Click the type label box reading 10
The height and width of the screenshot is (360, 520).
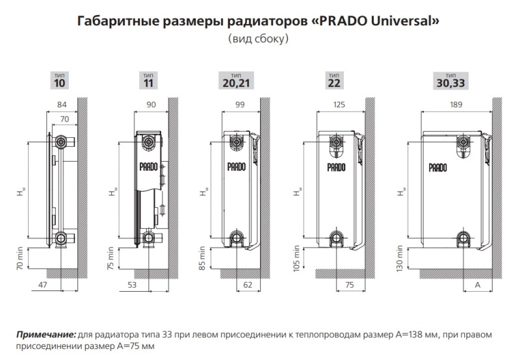(x=60, y=80)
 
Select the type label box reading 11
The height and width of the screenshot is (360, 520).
(x=148, y=80)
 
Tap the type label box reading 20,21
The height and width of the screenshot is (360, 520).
(x=236, y=80)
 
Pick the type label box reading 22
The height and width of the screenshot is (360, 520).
(x=334, y=80)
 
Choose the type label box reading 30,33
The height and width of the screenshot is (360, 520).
(x=450, y=80)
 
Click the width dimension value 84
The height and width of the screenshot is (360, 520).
(x=62, y=105)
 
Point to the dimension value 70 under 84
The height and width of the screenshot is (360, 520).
(x=64, y=119)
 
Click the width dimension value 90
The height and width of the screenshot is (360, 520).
(x=151, y=105)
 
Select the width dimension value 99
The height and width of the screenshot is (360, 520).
(x=240, y=105)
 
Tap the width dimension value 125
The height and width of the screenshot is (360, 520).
(x=339, y=105)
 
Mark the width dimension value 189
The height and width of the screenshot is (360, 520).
(x=456, y=105)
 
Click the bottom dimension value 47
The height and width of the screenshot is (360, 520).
(x=43, y=285)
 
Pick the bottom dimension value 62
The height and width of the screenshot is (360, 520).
(x=248, y=285)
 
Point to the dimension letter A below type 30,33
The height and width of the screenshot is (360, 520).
(x=478, y=285)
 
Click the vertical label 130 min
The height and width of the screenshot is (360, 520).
(x=400, y=259)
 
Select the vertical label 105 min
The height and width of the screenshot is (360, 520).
(x=296, y=259)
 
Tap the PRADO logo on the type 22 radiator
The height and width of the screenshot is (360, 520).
(x=336, y=167)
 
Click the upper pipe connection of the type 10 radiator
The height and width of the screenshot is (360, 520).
(x=61, y=142)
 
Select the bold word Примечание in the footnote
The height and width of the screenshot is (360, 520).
(x=46, y=335)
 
